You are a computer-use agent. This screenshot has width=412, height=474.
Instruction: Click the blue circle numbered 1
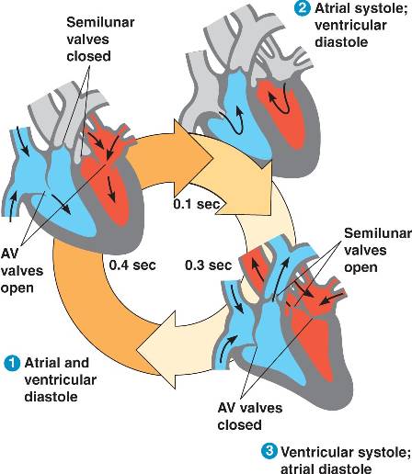coord(12,364)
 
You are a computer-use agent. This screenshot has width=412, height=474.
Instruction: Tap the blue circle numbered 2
coord(302,7)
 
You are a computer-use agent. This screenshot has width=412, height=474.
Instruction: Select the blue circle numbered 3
coord(269,451)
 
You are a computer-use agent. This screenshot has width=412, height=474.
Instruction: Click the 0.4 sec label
coord(132,265)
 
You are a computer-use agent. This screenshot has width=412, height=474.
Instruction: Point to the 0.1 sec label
coord(197,204)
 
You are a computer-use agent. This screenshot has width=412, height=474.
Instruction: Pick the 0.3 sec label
coord(208,265)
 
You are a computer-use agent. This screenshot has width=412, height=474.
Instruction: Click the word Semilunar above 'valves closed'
coord(100,22)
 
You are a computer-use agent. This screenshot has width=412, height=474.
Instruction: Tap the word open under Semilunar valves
coord(360,268)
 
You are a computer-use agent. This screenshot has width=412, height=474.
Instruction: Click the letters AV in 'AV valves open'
coord(9,254)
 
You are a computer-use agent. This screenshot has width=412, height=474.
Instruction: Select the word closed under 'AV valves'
coord(239,425)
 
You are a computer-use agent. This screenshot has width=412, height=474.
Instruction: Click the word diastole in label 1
coord(51,397)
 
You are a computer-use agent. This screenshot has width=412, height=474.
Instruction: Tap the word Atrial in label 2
coord(333,8)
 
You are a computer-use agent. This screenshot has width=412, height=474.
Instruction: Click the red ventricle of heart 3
coord(313,346)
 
